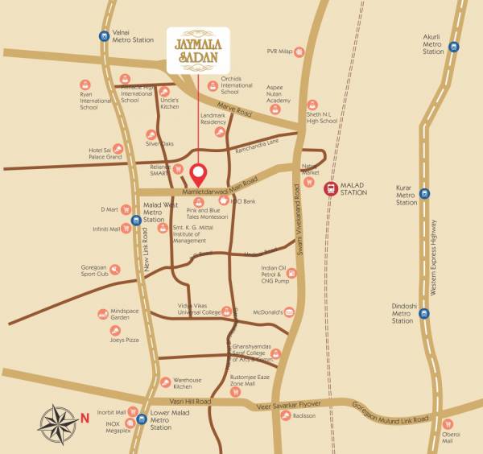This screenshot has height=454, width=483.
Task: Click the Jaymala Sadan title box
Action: click(x=198, y=51)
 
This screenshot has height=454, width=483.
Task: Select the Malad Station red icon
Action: click(x=330, y=188)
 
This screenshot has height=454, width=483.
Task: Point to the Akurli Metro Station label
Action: click(x=433, y=44)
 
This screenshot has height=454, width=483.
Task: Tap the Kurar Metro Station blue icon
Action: click(x=424, y=193)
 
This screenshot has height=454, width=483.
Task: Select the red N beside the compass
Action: click(x=85, y=417)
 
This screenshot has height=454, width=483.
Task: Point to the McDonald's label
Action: click(x=267, y=311)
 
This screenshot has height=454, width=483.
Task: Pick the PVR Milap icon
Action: click(x=299, y=52)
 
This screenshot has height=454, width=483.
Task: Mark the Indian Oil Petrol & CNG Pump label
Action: click(x=275, y=274)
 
